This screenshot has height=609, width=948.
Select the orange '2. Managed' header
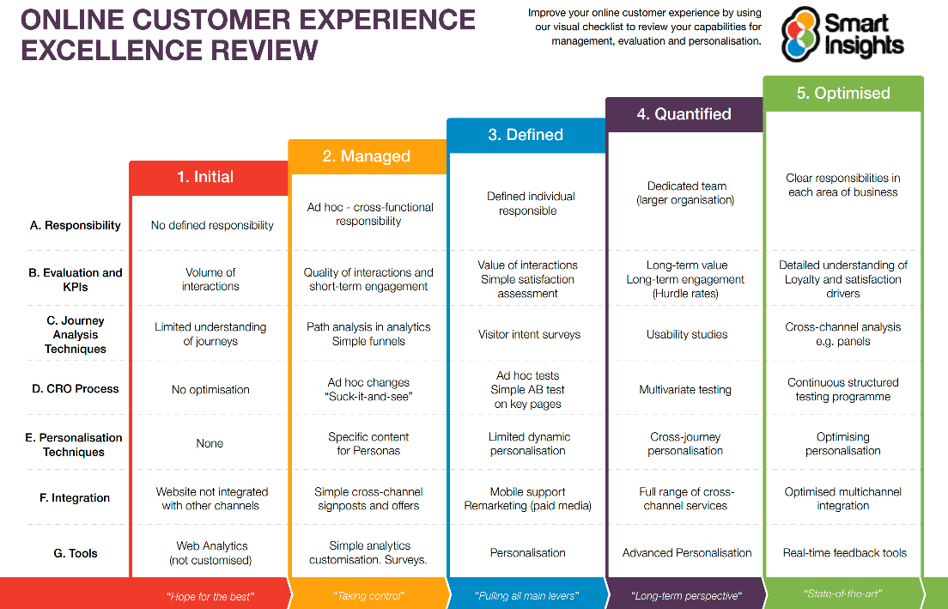click(x=367, y=156)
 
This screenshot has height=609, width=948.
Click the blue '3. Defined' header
click(x=526, y=135)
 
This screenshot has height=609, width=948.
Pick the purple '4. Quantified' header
click(x=684, y=114)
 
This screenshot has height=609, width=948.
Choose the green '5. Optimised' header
click(x=843, y=94)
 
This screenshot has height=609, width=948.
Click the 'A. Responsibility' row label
click(x=76, y=225)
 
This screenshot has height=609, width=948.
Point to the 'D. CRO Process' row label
click(x=76, y=389)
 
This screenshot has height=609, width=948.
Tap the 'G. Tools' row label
click(x=76, y=553)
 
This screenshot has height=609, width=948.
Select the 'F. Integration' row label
click(x=76, y=498)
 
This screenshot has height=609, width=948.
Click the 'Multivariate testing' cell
click(x=685, y=390)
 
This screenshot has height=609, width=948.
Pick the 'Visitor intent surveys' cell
click(x=529, y=335)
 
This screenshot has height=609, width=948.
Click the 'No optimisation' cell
click(x=210, y=390)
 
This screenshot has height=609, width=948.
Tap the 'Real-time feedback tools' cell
click(x=845, y=553)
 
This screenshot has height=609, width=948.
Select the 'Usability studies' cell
click(x=687, y=335)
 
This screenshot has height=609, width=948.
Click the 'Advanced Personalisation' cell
click(x=687, y=553)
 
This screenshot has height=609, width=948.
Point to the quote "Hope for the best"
click(x=210, y=595)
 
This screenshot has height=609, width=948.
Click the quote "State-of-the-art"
click(x=842, y=594)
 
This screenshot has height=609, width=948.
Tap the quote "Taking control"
click(x=368, y=595)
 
